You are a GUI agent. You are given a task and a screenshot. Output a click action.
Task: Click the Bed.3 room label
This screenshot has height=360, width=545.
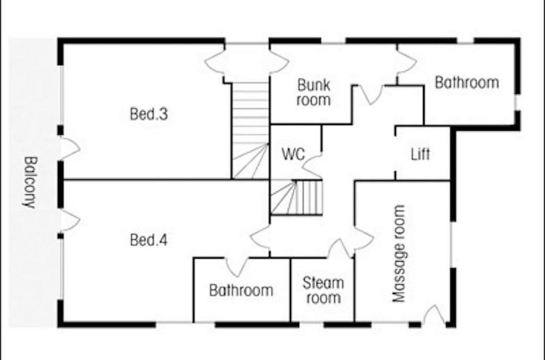(x=149, y=114)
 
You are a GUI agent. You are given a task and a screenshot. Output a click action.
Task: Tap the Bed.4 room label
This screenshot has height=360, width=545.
(x=149, y=240)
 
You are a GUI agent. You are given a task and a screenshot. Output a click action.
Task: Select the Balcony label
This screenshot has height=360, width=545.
(x=30, y=182)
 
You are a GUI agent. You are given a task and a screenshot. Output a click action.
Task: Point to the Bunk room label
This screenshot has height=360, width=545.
(x=314, y=93)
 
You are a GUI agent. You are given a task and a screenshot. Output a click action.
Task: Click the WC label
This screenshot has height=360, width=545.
(x=293, y=154)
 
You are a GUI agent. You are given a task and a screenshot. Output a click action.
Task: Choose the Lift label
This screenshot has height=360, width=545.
(x=420, y=154)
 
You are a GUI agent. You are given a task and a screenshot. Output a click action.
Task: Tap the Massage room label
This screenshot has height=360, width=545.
(x=399, y=254)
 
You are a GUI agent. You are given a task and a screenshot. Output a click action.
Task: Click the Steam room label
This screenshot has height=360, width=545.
(x=323, y=290)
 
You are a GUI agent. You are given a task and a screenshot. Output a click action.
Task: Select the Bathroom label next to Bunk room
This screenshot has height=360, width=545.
(x=467, y=82)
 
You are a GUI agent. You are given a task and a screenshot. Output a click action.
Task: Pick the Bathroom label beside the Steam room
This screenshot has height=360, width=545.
(x=241, y=290)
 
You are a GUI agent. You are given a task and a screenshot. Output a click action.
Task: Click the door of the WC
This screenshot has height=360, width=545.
(x=312, y=167)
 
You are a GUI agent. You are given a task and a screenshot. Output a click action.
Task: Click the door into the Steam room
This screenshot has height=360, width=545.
(x=340, y=249)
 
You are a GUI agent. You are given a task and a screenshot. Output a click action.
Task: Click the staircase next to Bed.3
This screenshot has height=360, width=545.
(x=250, y=131)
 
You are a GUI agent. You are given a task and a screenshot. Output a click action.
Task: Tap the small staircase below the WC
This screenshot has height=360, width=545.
(x=296, y=197)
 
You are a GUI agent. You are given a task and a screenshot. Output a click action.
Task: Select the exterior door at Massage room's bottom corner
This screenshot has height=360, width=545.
(x=434, y=314)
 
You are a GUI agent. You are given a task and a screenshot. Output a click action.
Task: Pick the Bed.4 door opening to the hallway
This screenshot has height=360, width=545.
(x=260, y=236)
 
